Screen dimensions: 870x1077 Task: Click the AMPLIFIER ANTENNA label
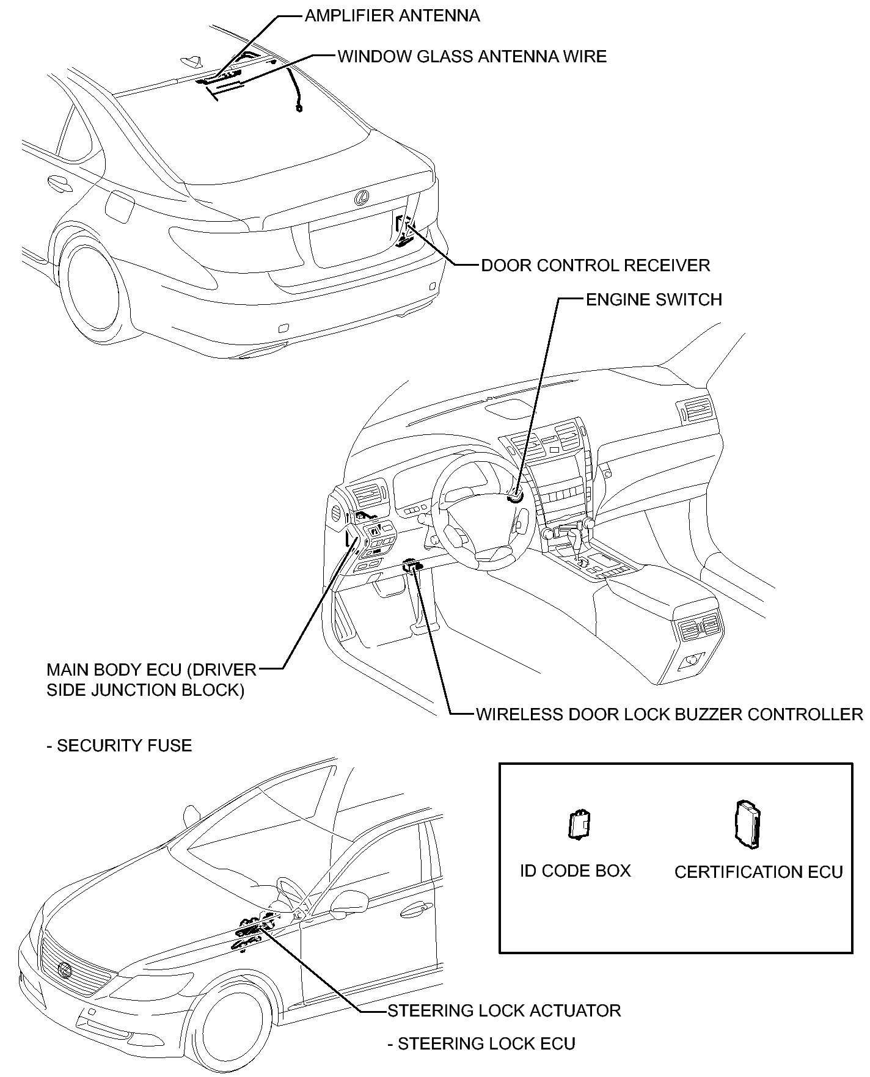click(392, 16)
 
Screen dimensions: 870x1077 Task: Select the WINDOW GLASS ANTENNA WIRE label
click(472, 57)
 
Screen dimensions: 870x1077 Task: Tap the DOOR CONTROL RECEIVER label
click(596, 266)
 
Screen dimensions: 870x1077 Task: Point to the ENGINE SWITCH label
click(654, 300)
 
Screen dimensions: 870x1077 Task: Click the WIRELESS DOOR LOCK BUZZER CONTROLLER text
click(670, 714)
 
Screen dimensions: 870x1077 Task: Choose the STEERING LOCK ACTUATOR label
click(504, 1011)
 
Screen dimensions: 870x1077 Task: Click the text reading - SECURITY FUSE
click(119, 746)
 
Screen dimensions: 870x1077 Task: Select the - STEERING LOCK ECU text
click(481, 1044)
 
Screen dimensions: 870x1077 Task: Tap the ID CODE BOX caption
click(575, 871)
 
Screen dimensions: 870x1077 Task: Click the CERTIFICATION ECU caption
click(758, 872)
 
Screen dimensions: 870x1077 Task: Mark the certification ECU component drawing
click(748, 824)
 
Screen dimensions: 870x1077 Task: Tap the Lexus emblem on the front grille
click(64, 970)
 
